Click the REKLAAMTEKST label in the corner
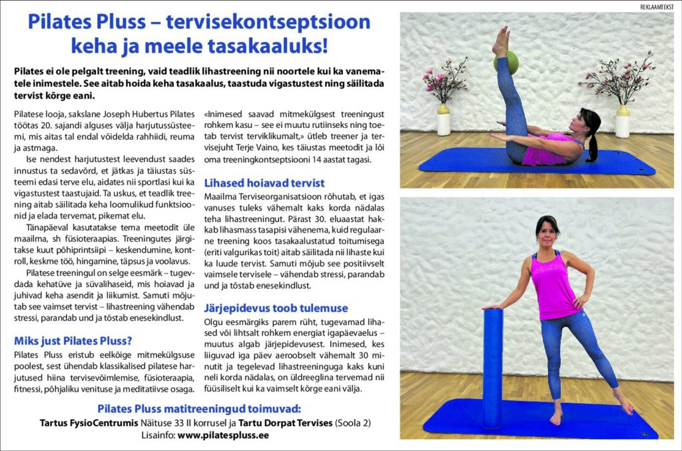pos(655,6)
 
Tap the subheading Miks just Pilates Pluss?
pos(73,340)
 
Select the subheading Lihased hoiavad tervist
pos(264,183)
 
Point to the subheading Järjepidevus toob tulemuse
pos(276,308)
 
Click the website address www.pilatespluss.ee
pos(223,435)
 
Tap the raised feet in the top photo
pos(500,41)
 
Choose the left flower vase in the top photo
pos(444,120)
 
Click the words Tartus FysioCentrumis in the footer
pos(89,422)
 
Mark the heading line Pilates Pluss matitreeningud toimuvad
pos(198,408)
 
